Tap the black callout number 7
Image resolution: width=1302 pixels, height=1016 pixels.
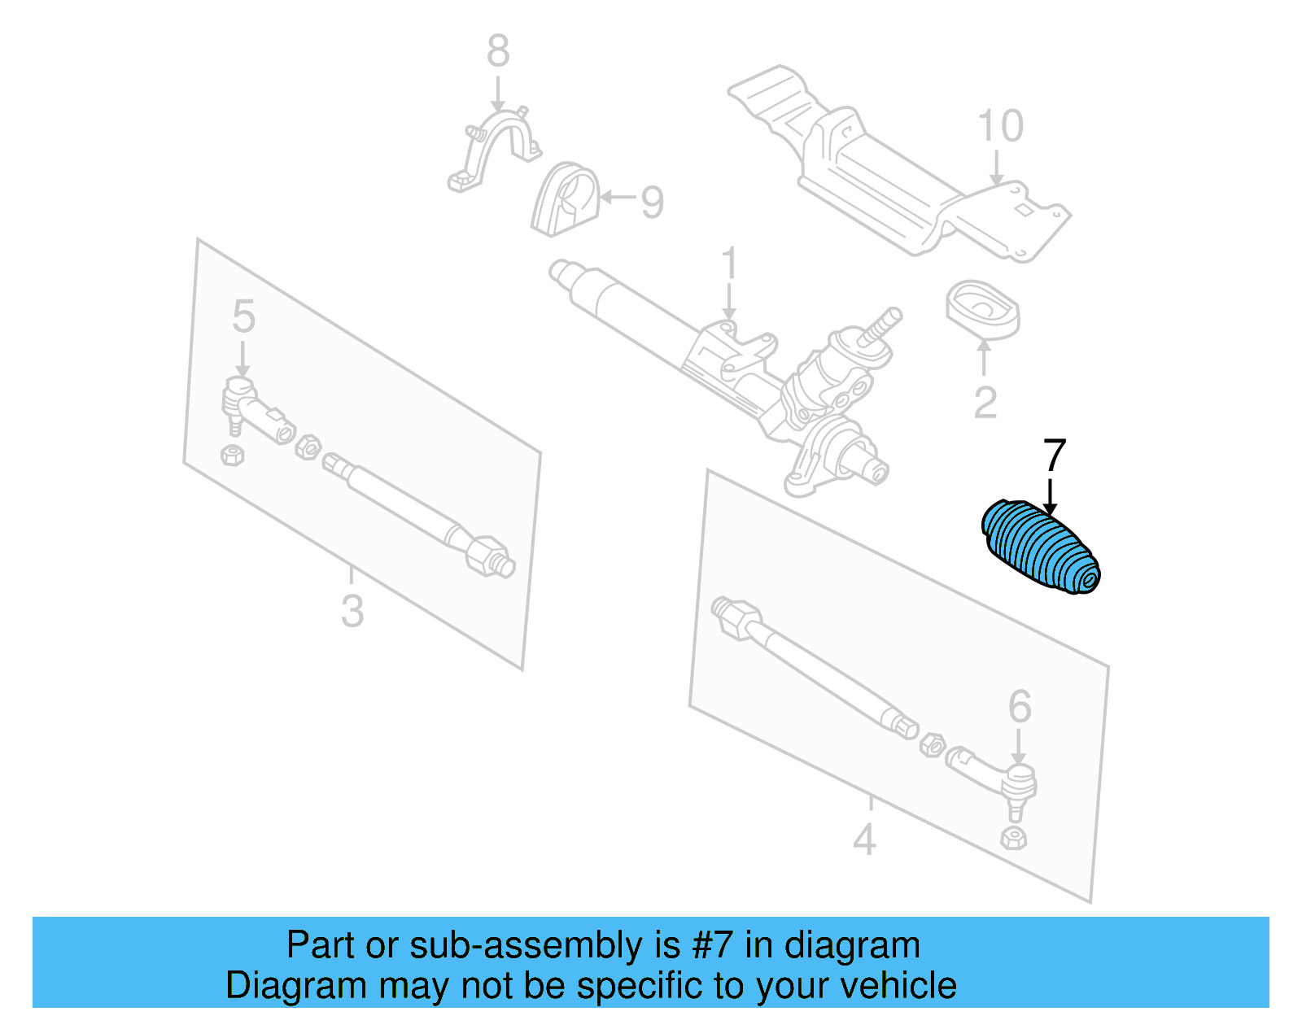point(1054,456)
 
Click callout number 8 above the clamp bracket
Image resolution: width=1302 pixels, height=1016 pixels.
point(498,51)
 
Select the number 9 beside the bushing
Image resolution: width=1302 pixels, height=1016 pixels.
point(652,202)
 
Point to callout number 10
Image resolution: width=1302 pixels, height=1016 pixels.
point(1000,127)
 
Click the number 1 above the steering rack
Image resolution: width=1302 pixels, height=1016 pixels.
point(729,264)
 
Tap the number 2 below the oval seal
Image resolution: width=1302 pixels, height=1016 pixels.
point(985,403)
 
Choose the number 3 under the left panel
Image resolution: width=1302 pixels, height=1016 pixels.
point(352,611)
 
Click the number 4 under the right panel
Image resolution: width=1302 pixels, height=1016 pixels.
point(864,839)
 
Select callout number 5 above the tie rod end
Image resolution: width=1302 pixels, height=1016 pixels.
point(243,316)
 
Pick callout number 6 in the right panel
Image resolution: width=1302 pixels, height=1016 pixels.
point(1019,706)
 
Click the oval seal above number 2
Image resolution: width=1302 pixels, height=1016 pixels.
point(983,309)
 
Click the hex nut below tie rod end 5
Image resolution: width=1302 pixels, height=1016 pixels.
point(233,454)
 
